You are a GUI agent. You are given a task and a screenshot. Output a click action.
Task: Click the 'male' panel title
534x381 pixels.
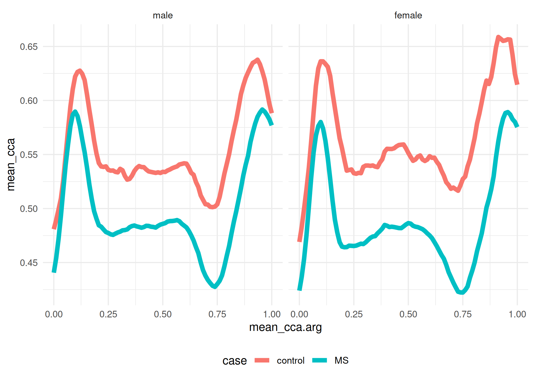163,15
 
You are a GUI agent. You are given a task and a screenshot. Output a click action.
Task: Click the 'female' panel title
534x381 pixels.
408,15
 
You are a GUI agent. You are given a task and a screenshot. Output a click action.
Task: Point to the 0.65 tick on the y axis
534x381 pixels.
29,47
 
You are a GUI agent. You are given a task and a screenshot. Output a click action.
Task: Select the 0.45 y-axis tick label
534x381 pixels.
29,263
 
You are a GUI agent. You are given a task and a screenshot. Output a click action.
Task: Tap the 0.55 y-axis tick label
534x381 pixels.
29,155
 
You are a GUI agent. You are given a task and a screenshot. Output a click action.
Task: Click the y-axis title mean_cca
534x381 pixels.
11,165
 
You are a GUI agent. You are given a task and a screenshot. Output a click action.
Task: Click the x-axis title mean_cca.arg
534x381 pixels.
285,327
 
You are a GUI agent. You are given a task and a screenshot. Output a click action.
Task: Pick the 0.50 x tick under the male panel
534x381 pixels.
163,314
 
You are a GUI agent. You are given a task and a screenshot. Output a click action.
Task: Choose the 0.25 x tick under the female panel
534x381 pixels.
354,314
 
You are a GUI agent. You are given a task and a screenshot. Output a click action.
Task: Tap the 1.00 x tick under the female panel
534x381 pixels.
517,314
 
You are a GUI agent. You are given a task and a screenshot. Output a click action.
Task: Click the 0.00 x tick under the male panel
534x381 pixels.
54,314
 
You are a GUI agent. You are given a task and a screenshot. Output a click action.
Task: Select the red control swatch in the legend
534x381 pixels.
262,360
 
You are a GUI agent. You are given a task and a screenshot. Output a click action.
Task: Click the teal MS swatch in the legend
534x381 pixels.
320,360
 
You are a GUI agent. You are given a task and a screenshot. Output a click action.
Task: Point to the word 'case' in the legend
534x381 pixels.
234,361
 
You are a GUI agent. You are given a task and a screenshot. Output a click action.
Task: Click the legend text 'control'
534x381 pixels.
290,361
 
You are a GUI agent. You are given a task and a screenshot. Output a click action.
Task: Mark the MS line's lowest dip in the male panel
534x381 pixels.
215,287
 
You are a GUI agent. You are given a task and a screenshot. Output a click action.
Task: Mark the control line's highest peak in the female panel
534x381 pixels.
498,37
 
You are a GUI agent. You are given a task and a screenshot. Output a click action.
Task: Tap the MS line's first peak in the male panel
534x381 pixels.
75,112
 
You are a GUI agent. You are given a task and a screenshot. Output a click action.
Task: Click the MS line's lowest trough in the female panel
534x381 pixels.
462,293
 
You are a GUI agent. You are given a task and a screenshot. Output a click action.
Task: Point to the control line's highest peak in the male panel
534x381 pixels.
258,60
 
